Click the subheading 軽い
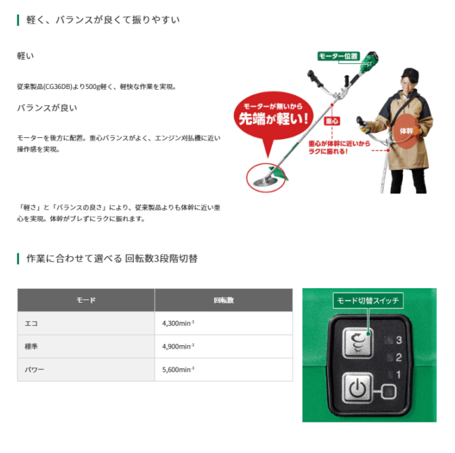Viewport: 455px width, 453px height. (26, 56)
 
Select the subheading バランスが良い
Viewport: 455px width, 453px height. (47, 108)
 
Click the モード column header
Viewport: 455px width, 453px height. (86, 301)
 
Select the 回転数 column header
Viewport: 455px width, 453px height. (223, 301)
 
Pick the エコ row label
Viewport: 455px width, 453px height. (31, 324)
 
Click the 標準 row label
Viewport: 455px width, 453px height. (31, 347)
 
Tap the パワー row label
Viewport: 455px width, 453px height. (34, 369)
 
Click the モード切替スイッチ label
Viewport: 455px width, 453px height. (368, 301)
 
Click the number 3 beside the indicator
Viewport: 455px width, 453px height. (399, 340)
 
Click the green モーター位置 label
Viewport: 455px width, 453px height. (338, 56)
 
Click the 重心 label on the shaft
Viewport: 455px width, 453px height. (332, 121)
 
